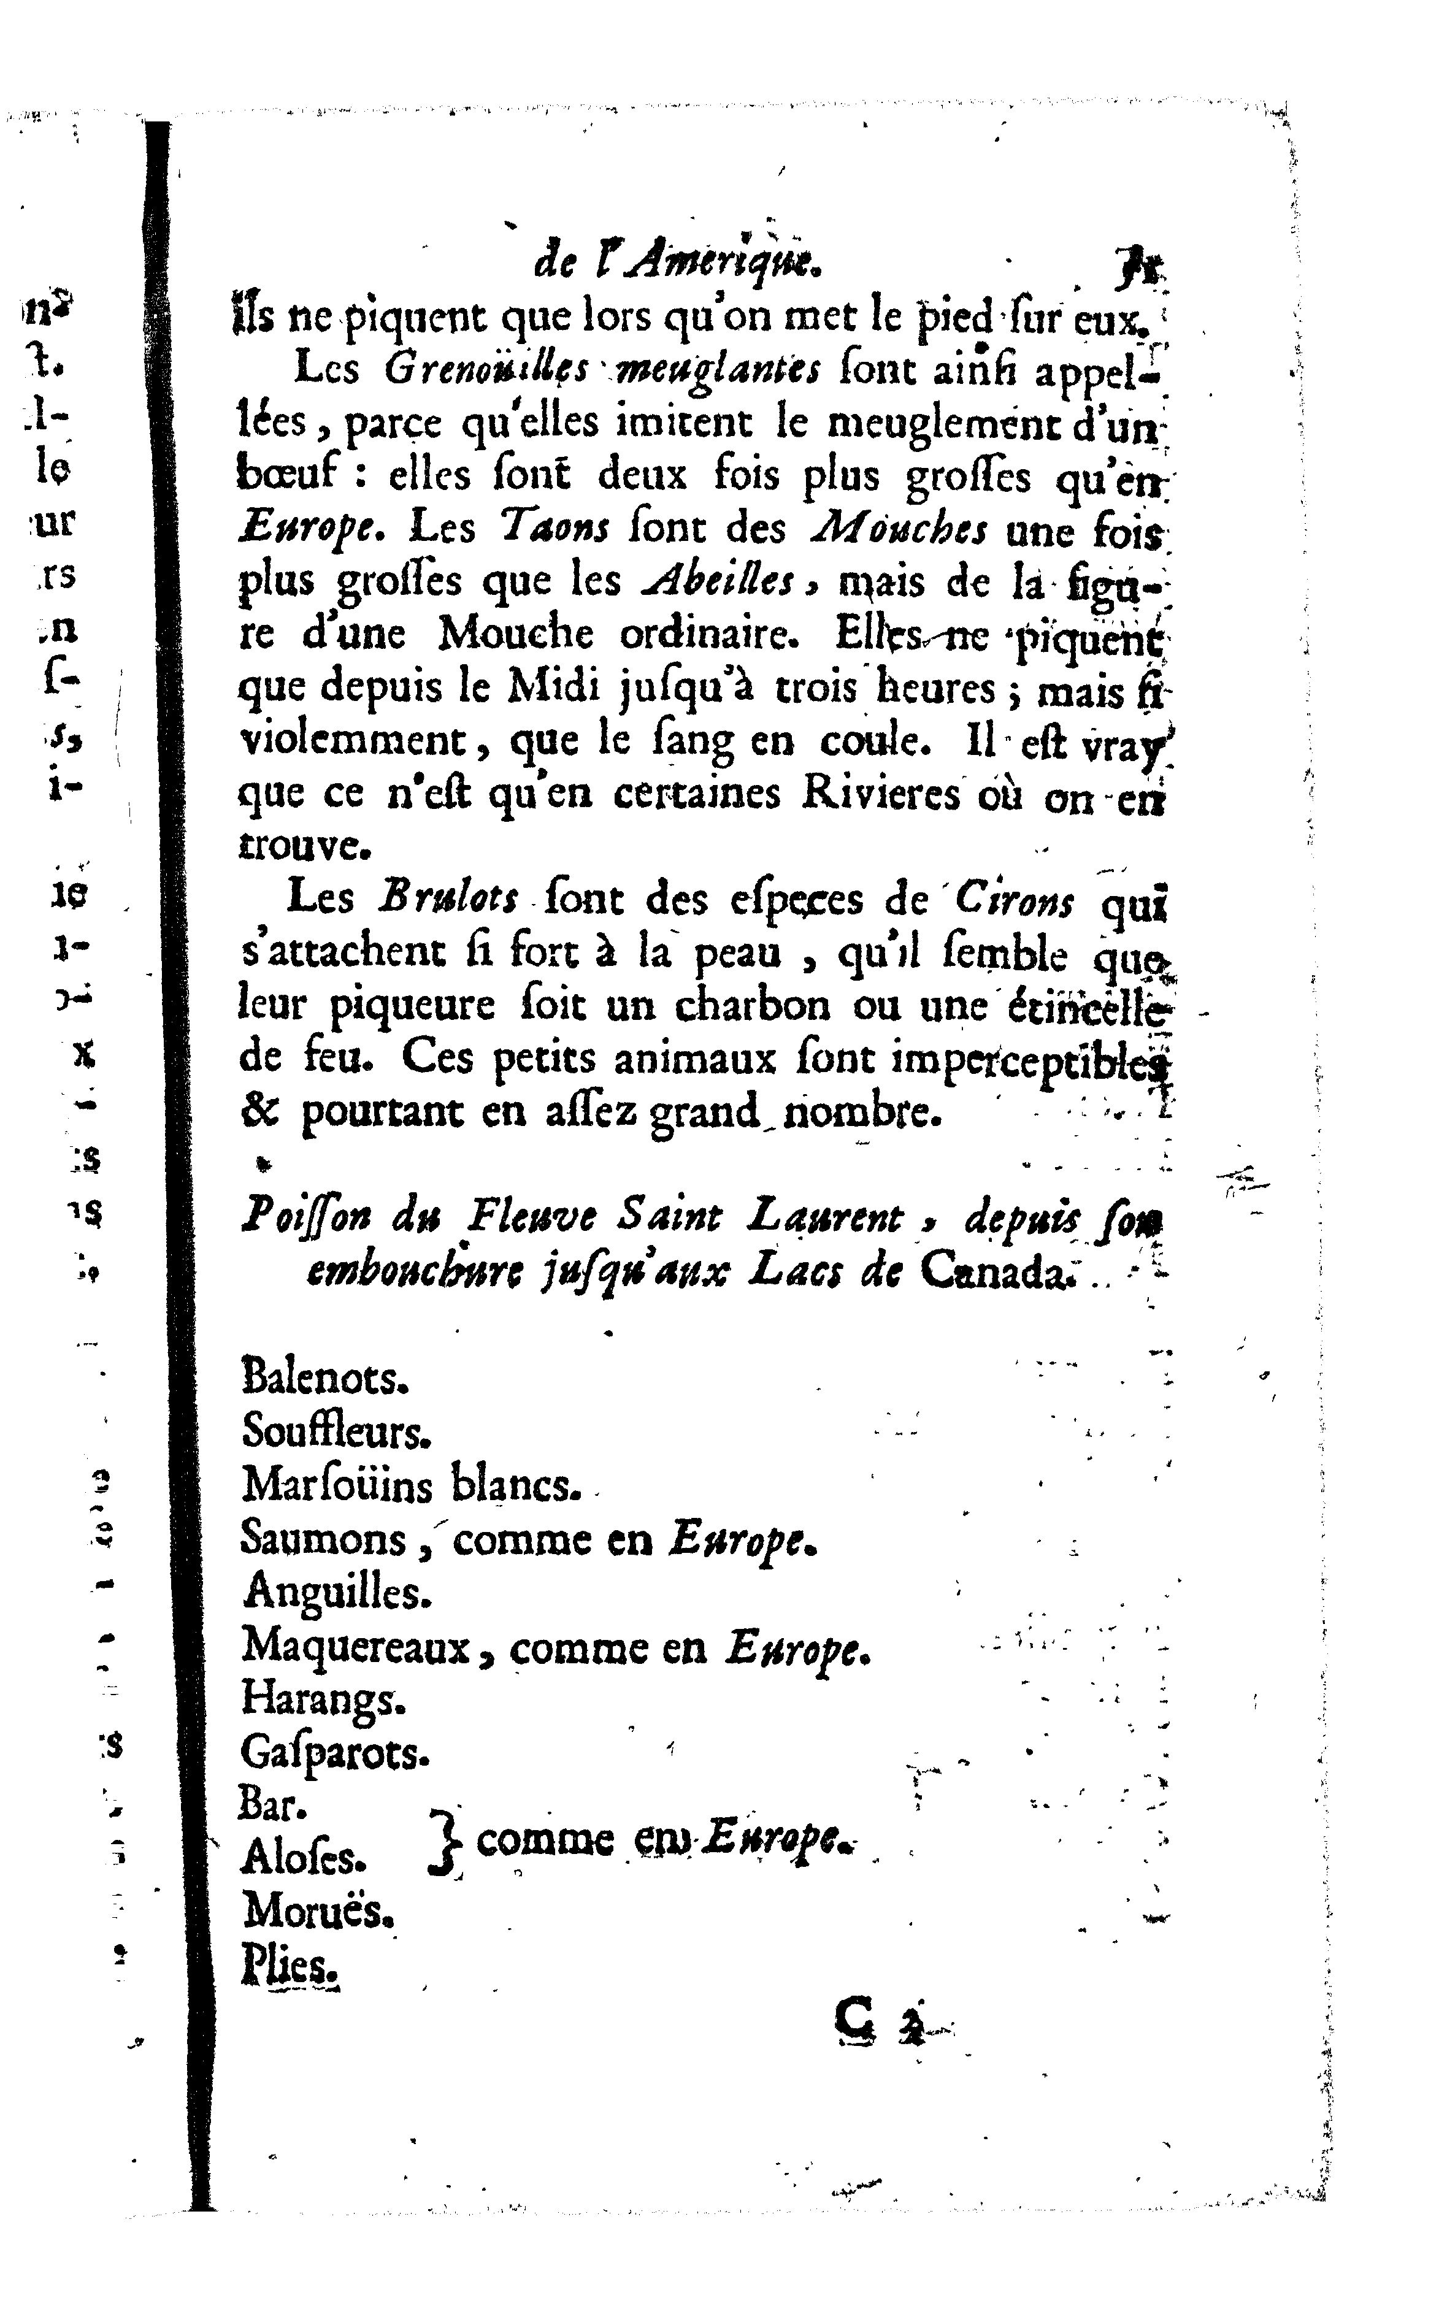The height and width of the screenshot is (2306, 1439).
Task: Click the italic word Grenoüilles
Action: pyautogui.click(x=487, y=369)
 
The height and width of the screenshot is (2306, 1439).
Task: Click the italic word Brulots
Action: pyautogui.click(x=448, y=898)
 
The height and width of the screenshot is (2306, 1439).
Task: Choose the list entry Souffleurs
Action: pyautogui.click(x=336, y=1431)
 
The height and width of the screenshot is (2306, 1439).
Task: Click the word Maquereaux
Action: pyautogui.click(x=356, y=1645)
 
